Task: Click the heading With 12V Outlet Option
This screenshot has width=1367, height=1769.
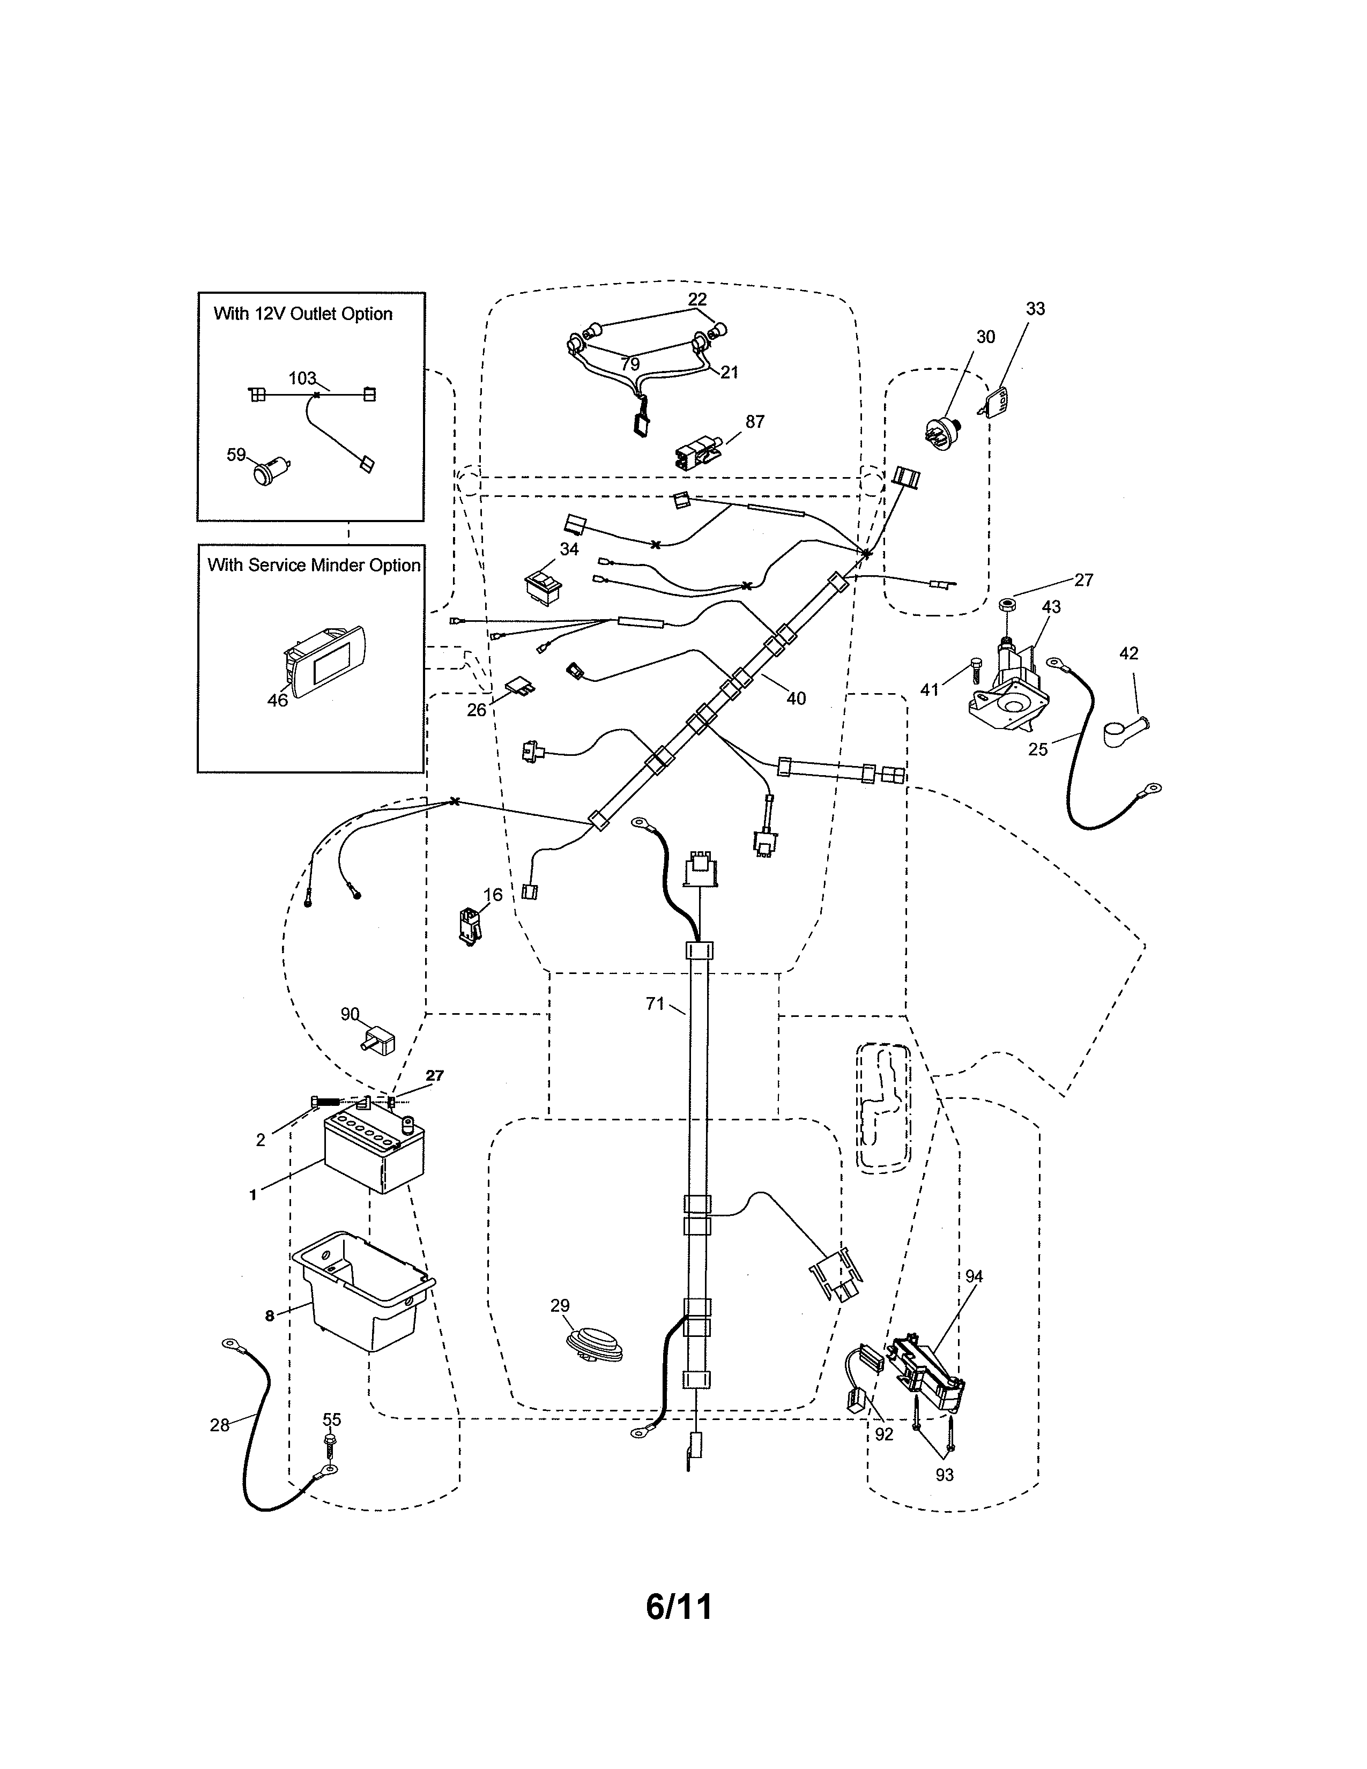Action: pyautogui.click(x=303, y=314)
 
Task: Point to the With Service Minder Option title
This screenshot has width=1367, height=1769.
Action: pyautogui.click(x=314, y=566)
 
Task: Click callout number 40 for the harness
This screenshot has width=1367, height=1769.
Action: pyautogui.click(x=796, y=698)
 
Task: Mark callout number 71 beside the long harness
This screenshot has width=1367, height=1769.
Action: pyautogui.click(x=655, y=1004)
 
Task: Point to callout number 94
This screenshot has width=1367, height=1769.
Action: pyautogui.click(x=974, y=1276)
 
